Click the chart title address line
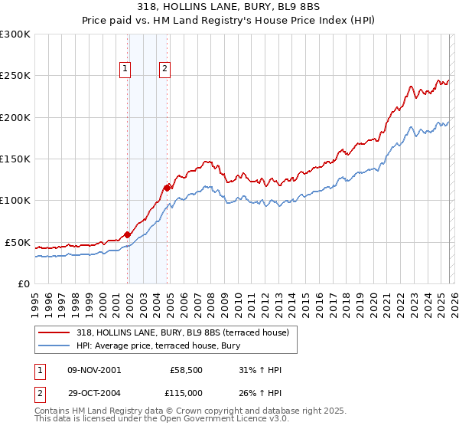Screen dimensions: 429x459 (x=229, y=7)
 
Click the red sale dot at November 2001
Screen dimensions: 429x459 (x=128, y=235)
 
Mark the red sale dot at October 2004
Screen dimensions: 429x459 (x=168, y=187)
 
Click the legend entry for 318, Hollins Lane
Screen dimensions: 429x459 (x=182, y=332)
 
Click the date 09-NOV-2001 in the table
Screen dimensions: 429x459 (x=94, y=370)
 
